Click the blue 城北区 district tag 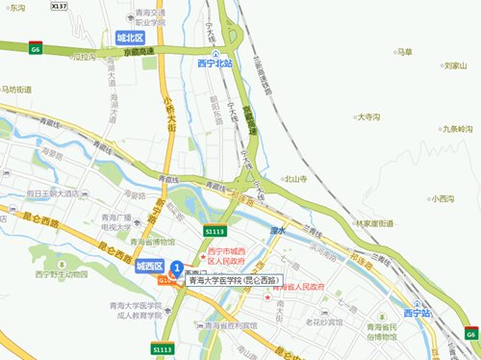pyautogui.click(x=130, y=38)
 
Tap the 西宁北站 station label pyautogui.click(x=215, y=64)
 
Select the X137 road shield pyautogui.click(x=60, y=6)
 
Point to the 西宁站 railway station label pyautogui.click(x=418, y=314)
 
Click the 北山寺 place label pyautogui.click(x=293, y=179)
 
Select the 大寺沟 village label pyautogui.click(x=368, y=116)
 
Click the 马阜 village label pyautogui.click(x=404, y=52)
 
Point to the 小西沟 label pyautogui.click(x=441, y=199)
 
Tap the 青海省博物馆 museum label pyautogui.click(x=155, y=243)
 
